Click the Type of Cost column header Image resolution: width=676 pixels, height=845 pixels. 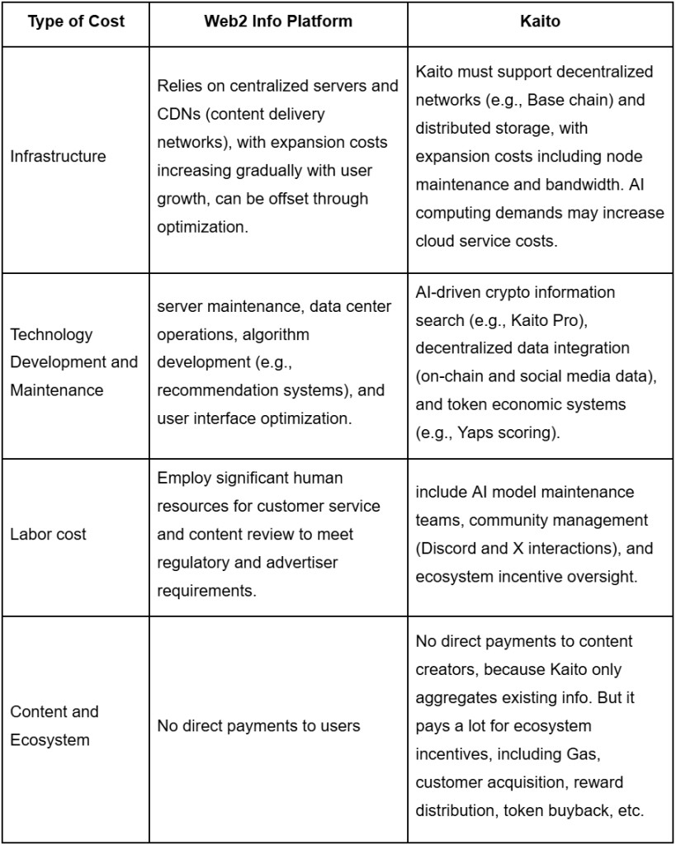[75, 21]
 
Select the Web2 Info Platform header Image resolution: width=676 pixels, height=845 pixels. [278, 21]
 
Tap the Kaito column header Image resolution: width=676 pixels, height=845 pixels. [541, 21]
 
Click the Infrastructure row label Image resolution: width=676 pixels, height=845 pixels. [58, 156]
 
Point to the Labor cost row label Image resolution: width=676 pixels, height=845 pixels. [48, 534]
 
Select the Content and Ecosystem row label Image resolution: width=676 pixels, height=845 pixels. [54, 725]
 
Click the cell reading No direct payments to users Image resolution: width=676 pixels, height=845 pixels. [258, 726]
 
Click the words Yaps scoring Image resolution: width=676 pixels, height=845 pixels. [509, 432]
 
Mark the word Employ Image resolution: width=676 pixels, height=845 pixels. [183, 478]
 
